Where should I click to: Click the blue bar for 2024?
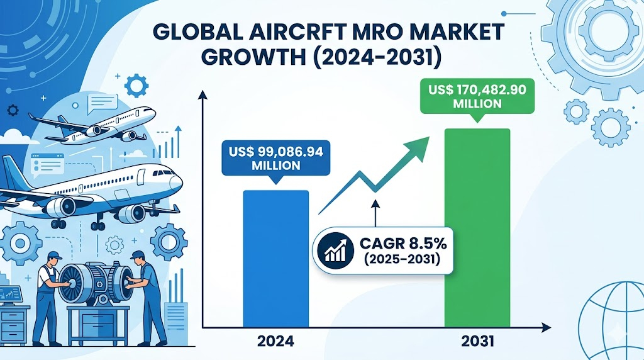[x=275, y=259]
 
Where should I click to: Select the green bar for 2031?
[x=477, y=228]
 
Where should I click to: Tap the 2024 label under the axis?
[x=275, y=341]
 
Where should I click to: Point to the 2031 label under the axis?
[x=477, y=341]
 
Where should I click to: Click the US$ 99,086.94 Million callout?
[x=275, y=159]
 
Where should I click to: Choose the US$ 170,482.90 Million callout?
[x=477, y=97]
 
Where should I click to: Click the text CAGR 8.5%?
[x=403, y=244]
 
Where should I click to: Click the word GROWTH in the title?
[x=253, y=58]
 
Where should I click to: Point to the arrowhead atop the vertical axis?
[x=203, y=95]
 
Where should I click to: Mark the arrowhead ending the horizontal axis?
[x=547, y=327]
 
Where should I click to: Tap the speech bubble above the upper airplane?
[x=103, y=103]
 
